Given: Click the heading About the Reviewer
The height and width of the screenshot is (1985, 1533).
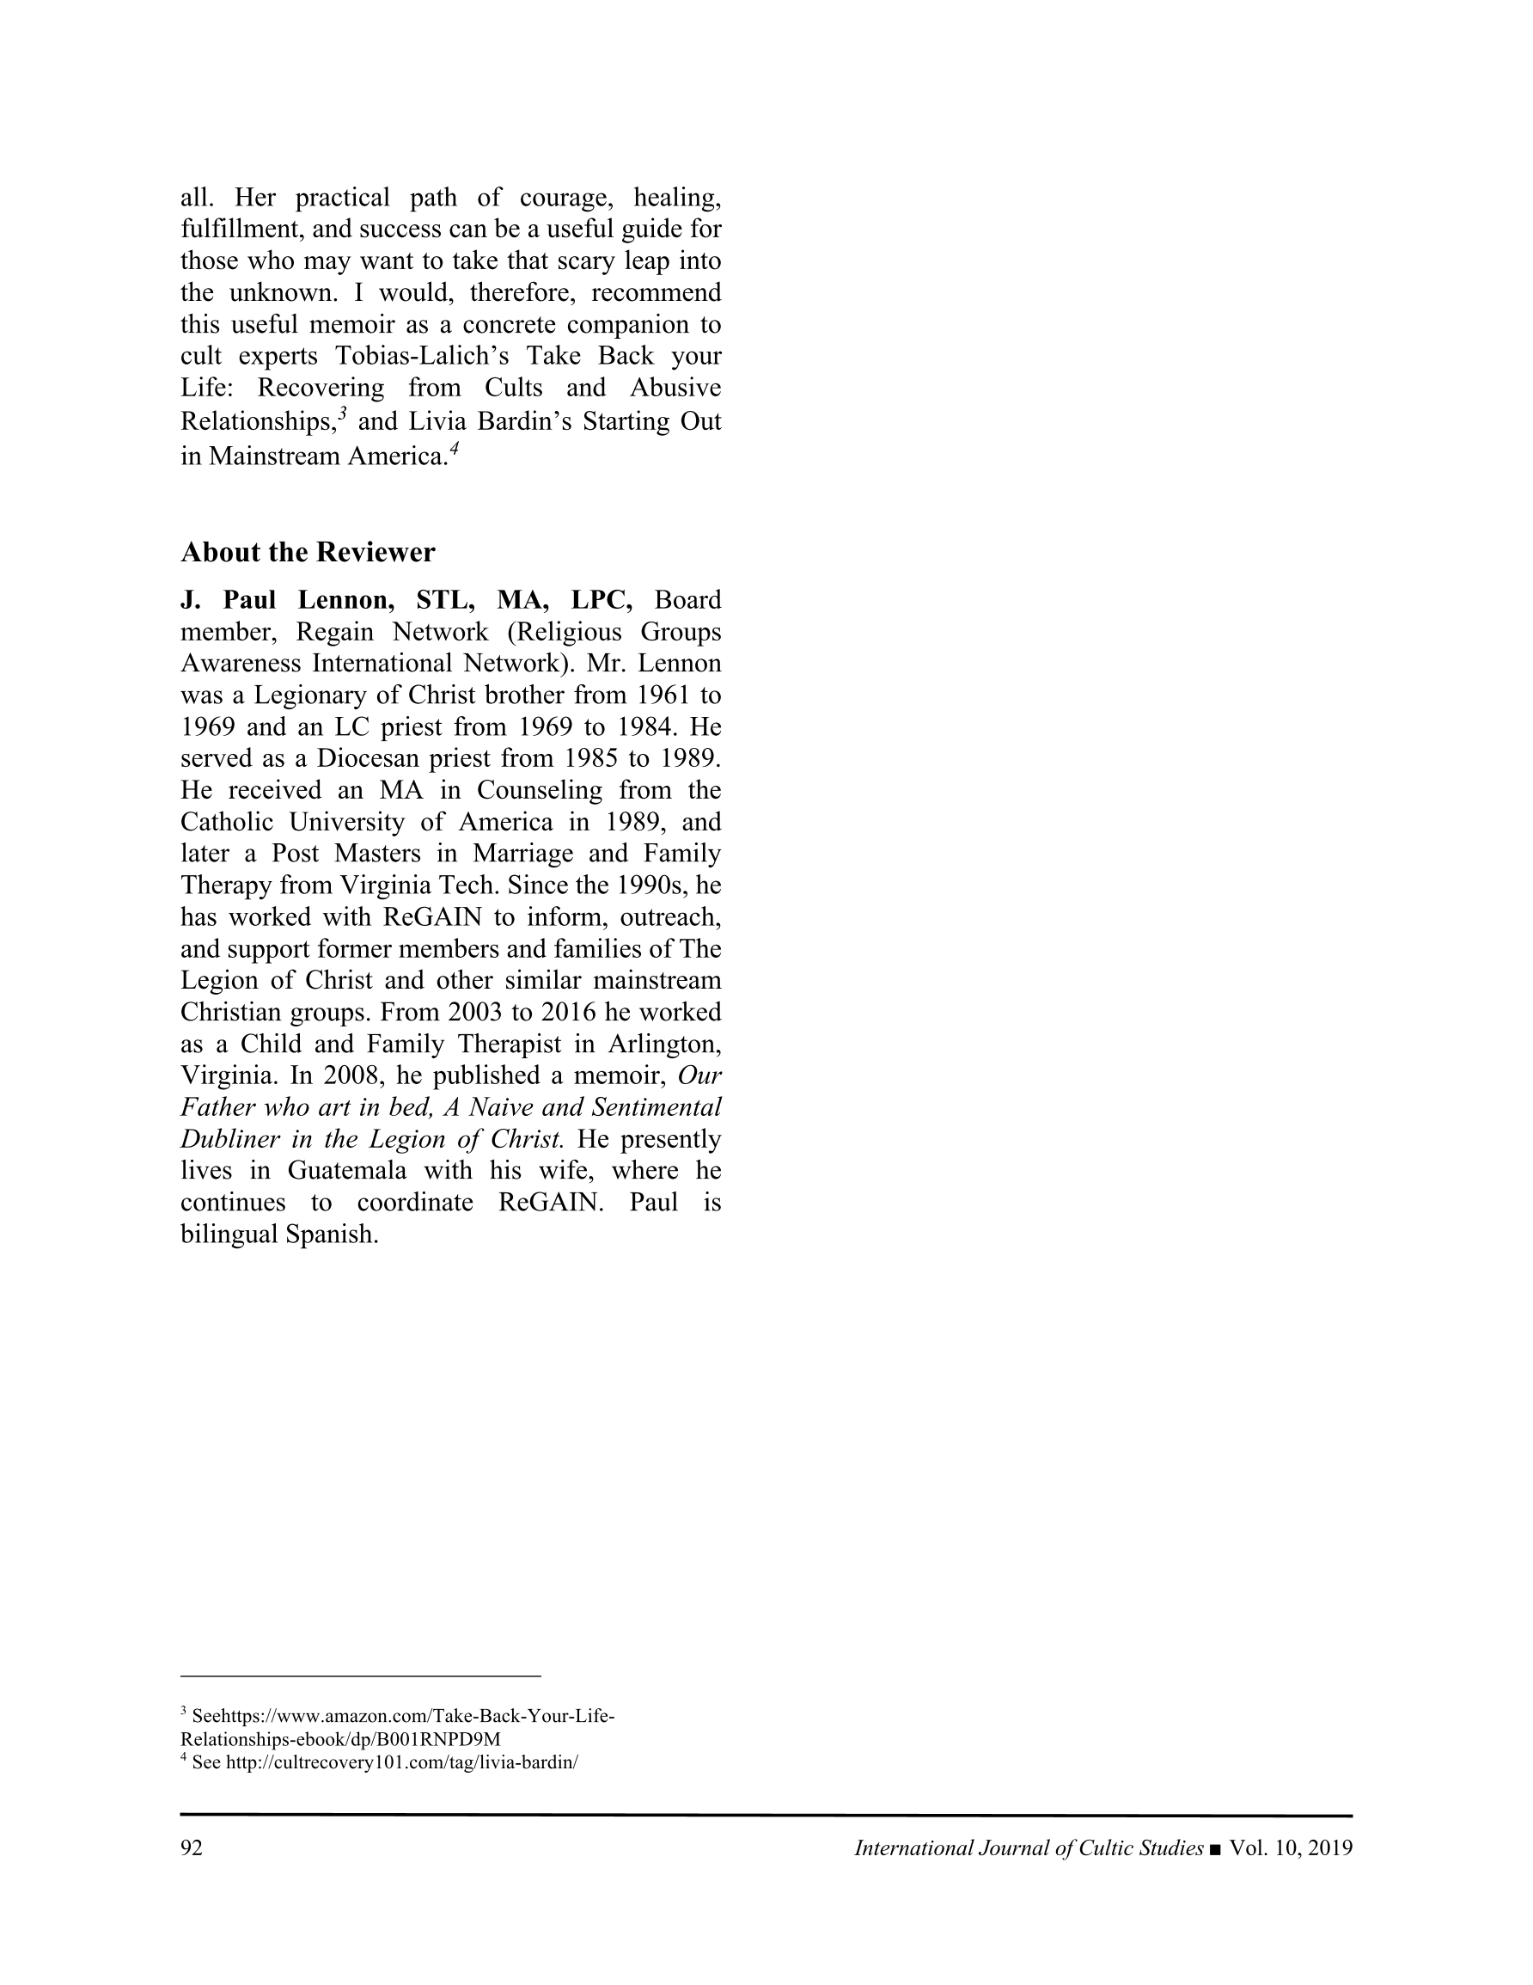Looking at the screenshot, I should (307, 552).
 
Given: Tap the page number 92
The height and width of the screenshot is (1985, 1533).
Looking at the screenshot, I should (192, 1847).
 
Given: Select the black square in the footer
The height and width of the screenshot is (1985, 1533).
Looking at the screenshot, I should (1216, 1848).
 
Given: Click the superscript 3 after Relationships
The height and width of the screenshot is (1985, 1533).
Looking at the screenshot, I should (343, 414).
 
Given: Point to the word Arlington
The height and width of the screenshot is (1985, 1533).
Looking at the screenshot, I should (665, 1045).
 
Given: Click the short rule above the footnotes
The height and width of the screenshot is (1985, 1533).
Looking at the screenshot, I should (360, 1675).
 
